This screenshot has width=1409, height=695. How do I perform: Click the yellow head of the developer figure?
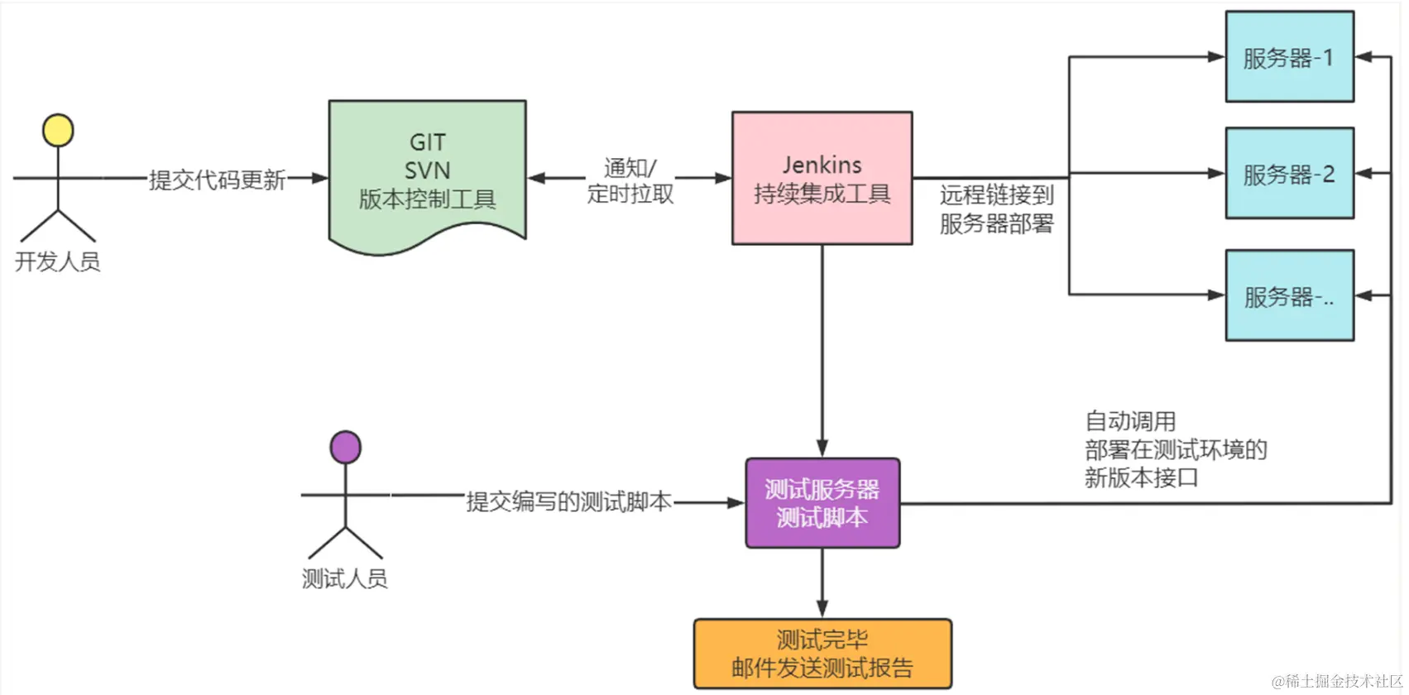pos(58,131)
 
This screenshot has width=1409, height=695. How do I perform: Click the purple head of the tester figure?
pos(345,448)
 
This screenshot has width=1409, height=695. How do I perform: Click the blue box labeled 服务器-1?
pos(1289,57)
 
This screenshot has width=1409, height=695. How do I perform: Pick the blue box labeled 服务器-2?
pos(1289,174)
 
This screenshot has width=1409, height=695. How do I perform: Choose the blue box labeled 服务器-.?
pos(1289,296)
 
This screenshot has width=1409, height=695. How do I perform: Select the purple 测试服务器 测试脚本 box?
pos(822,503)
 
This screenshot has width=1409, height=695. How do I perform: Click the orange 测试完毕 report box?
pos(822,654)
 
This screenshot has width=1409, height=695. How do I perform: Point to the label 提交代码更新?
pos(217,180)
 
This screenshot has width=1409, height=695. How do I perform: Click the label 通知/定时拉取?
pos(630,180)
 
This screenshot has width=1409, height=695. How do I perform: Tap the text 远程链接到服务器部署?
pos(996,208)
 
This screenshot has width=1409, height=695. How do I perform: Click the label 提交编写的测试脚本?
pos(568,501)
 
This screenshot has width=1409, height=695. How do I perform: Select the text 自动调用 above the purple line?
pos(1130,421)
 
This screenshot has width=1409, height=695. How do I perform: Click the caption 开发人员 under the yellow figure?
pos(57,261)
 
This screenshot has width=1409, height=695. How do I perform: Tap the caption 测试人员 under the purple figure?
pos(344,578)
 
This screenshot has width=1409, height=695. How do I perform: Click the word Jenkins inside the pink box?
pos(822,165)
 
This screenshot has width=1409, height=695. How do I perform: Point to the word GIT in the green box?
pos(427,142)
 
